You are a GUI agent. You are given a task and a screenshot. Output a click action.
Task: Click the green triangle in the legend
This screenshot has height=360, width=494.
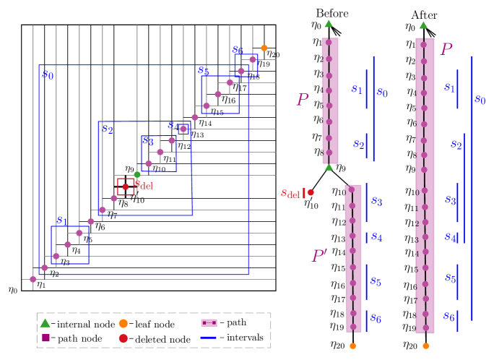click(45, 323)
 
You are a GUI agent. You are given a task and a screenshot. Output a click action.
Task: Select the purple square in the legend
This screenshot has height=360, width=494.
click(45, 338)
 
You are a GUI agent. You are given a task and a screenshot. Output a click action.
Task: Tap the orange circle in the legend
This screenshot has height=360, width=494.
click(123, 323)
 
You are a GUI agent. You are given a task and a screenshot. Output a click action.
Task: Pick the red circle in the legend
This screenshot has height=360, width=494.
click(123, 338)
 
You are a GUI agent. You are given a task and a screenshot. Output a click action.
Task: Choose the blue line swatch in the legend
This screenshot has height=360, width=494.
click(209, 338)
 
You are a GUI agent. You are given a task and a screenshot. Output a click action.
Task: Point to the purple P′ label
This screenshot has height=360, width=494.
click(319, 256)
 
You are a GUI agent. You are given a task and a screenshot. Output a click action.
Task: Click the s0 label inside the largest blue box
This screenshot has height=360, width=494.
click(48, 74)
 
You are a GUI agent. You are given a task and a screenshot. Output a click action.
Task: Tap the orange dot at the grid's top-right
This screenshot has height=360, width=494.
click(264, 48)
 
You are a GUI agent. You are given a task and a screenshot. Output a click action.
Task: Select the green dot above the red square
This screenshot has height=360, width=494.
click(137, 174)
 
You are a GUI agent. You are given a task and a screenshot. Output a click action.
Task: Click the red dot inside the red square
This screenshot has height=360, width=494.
click(126, 187)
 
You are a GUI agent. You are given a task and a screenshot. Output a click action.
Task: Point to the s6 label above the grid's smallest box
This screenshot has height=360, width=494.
click(238, 49)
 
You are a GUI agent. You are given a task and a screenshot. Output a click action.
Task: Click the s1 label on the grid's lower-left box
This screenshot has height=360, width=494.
click(61, 220)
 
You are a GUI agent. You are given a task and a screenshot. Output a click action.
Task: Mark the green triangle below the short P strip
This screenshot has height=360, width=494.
click(329, 167)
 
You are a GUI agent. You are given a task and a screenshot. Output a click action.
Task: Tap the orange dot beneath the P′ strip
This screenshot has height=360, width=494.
click(352, 346)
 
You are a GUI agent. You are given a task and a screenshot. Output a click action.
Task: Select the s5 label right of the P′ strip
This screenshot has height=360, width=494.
click(376, 281)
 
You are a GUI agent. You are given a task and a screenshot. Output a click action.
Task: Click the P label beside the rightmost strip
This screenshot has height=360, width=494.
click(446, 49)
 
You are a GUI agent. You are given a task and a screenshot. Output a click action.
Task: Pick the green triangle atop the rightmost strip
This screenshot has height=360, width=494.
click(423, 25)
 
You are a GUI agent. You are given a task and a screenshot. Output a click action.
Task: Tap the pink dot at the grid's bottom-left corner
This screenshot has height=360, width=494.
click(33, 279)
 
